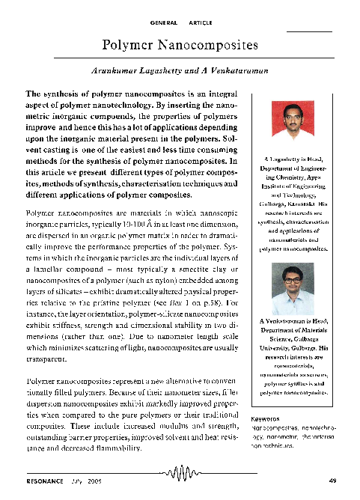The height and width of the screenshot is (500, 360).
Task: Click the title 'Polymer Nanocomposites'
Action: tap(180, 45)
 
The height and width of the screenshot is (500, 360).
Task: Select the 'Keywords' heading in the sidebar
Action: tap(266, 418)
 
